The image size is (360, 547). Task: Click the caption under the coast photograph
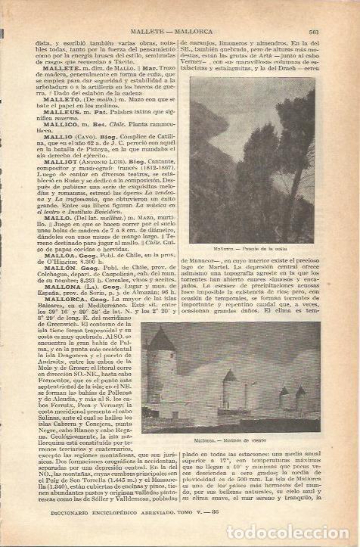click(x=245, y=247)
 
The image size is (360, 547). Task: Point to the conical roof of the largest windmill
click(x=161, y=340)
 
